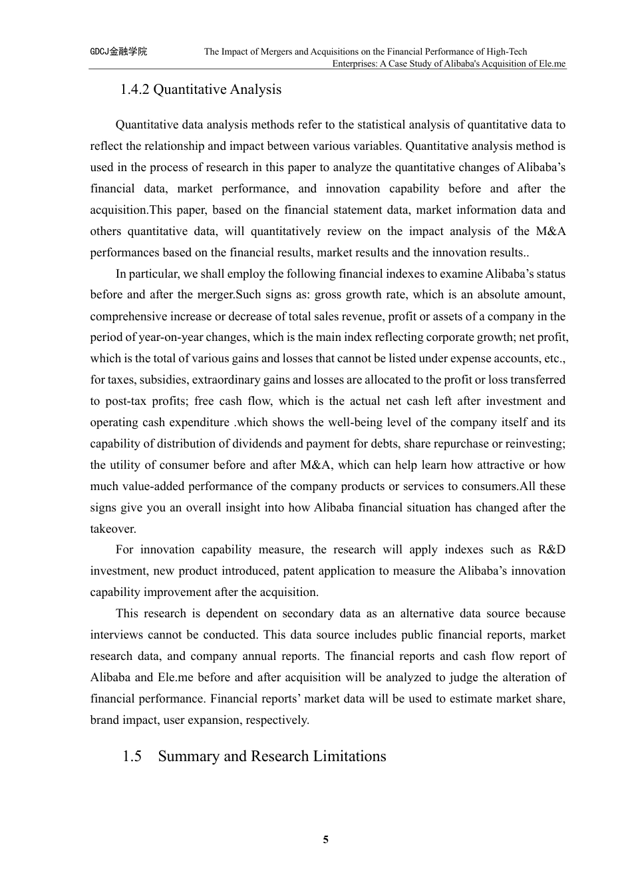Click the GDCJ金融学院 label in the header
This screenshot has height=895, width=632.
coord(118,51)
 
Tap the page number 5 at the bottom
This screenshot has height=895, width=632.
coord(325,839)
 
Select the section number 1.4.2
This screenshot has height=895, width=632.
coord(134,89)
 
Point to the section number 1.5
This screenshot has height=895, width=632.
coord(132,756)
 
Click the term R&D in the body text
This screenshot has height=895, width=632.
coord(552,549)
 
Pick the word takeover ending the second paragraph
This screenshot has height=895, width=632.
coord(112,529)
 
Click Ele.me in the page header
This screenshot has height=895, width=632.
coord(550,64)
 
